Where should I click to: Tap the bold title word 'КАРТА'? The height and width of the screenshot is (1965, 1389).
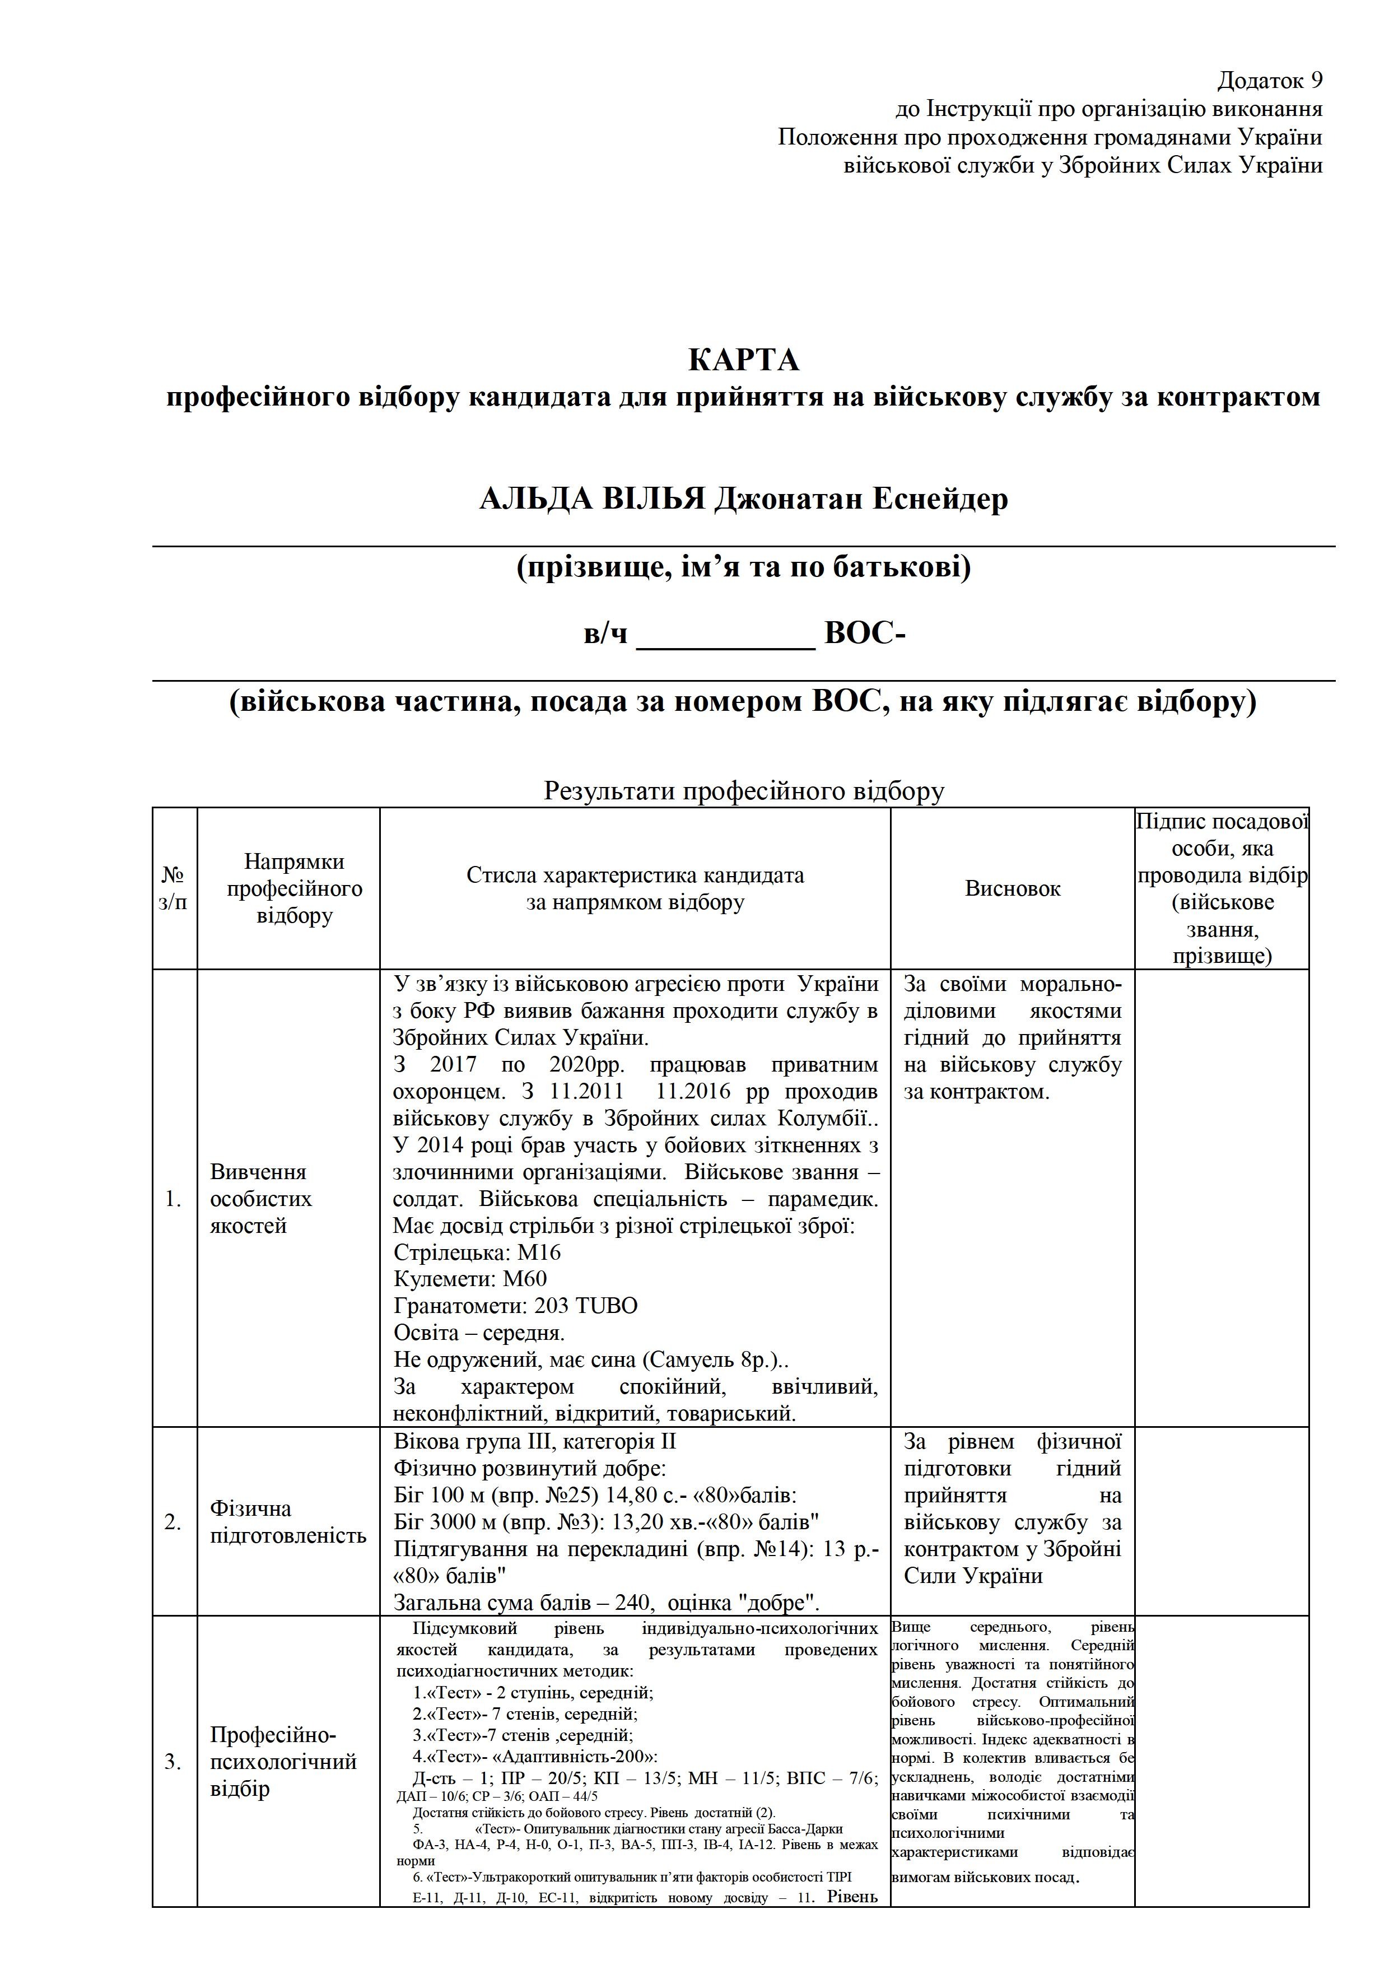(743, 360)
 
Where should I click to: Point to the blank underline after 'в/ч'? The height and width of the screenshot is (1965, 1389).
(726, 635)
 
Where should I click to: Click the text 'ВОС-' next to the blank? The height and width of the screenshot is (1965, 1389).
(864, 634)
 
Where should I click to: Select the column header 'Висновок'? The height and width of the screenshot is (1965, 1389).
(1013, 888)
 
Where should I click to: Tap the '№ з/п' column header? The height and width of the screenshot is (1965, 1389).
(174, 888)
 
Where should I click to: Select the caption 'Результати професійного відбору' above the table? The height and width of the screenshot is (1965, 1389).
(744, 791)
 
